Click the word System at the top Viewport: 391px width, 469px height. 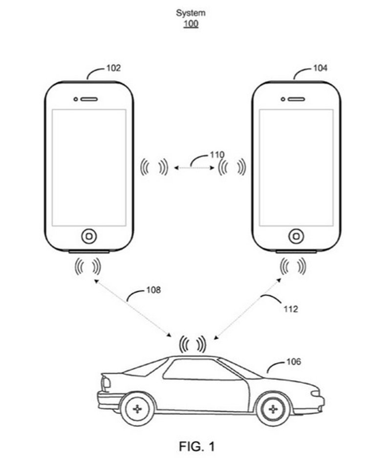coord(191,13)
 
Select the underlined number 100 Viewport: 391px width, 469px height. coord(191,23)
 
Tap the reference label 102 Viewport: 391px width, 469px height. coord(113,68)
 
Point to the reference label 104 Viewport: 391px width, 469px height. coord(320,68)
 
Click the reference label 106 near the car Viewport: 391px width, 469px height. coord(293,362)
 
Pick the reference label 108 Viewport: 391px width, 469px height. coord(153,290)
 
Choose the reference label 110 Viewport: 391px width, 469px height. coord(217,155)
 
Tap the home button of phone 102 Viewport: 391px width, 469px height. coord(88,236)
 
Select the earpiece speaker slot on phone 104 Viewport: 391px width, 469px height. coord(296,99)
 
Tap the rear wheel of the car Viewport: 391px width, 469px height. coord(137,408)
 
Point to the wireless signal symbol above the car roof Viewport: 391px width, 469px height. coord(192,344)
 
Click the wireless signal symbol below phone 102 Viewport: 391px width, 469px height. coord(88,266)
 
